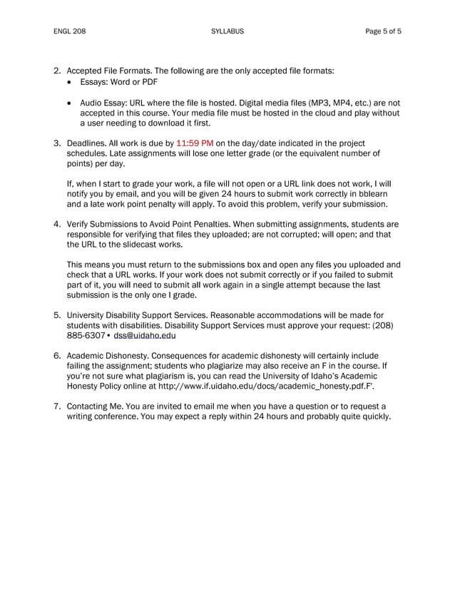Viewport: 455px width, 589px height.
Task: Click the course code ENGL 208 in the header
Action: pos(69,31)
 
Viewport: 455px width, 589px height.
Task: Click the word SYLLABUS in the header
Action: pos(227,31)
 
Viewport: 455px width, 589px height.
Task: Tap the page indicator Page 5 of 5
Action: pos(383,31)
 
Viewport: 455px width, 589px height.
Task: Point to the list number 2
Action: pos(57,71)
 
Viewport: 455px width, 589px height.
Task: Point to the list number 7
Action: pos(57,406)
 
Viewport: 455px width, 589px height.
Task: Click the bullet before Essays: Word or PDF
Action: pos(69,83)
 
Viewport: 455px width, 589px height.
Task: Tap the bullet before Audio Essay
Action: pos(69,103)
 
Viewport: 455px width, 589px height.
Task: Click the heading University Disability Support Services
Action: pos(142,314)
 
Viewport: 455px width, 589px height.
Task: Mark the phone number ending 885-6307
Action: pos(86,335)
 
